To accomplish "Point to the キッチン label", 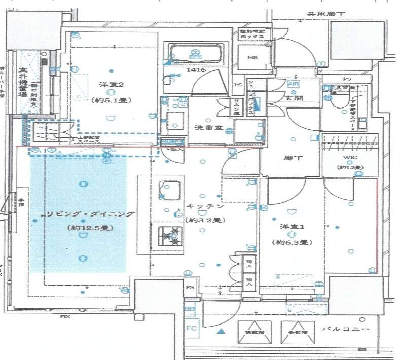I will [205, 207].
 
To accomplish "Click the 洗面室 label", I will [207, 128].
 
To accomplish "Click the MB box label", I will [252, 58].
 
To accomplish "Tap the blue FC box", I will [190, 328].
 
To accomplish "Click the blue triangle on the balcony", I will [221, 332].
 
